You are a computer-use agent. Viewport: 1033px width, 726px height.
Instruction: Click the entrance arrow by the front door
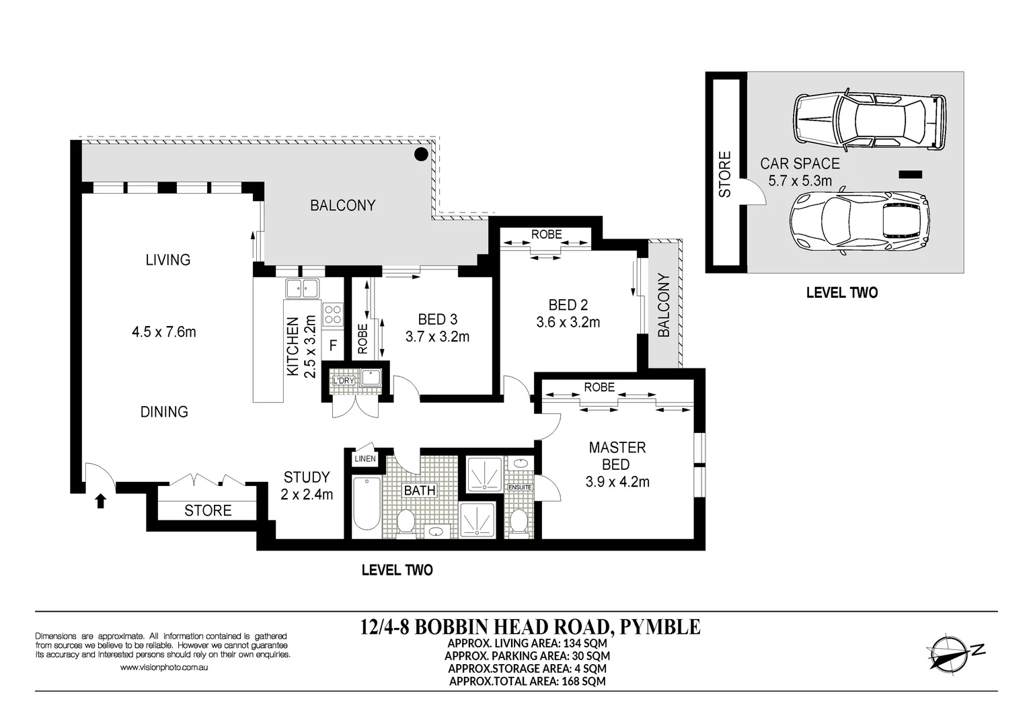point(101,501)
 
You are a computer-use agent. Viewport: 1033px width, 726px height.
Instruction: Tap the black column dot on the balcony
point(420,155)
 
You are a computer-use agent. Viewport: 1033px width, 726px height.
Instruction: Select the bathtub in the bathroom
point(367,503)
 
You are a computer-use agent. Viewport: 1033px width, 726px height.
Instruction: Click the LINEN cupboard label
point(365,459)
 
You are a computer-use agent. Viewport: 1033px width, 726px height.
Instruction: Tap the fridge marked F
point(332,348)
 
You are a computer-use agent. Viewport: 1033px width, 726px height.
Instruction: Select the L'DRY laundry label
point(344,380)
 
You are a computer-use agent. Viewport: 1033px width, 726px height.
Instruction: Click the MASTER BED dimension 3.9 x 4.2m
point(617,481)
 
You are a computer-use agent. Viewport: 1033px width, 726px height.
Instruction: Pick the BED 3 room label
point(438,319)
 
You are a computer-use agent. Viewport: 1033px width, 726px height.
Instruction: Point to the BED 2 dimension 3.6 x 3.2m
point(568,322)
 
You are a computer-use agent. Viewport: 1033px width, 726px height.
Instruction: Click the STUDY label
point(307,477)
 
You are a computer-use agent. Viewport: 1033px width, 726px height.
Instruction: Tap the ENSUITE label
point(520,487)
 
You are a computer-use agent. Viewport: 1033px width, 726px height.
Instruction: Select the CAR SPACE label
point(800,163)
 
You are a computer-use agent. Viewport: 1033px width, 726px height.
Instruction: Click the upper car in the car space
point(870,121)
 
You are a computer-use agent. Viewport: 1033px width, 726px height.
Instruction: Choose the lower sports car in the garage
point(859,221)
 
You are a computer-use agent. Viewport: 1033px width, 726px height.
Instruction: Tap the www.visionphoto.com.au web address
point(163,668)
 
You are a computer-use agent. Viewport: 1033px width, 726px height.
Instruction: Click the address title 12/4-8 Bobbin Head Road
point(530,627)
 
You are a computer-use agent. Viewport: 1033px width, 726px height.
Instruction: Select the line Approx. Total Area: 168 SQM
point(527,681)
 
